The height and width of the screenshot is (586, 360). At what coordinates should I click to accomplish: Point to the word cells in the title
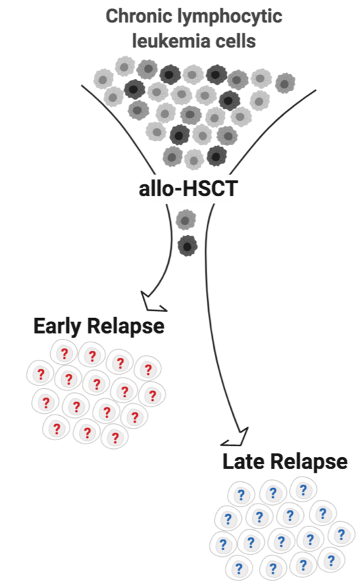(x=231, y=41)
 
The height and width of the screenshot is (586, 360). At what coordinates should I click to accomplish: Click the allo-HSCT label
(x=187, y=188)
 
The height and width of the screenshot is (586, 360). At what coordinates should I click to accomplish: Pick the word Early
(x=58, y=327)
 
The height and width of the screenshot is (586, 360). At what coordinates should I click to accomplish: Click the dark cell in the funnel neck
(x=187, y=246)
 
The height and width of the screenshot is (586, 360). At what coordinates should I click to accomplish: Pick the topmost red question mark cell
(x=64, y=353)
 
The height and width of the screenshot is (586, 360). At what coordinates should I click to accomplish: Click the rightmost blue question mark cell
(x=341, y=535)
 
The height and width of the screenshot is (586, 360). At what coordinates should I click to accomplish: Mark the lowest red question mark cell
(x=115, y=437)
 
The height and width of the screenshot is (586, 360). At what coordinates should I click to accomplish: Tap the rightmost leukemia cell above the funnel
(x=285, y=83)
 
